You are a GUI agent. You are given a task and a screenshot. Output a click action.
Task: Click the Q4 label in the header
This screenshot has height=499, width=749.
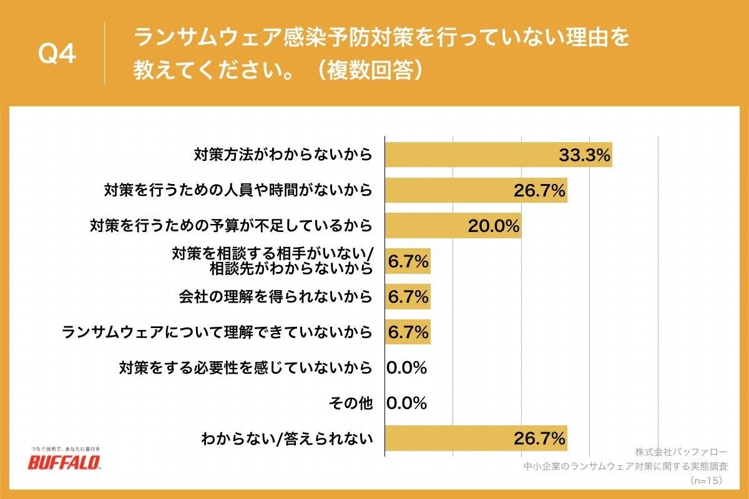[x=57, y=55]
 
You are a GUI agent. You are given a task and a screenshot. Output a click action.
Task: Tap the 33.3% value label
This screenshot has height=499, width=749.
[x=584, y=155]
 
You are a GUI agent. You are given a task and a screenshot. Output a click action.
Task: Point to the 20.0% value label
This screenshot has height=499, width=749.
[x=494, y=226]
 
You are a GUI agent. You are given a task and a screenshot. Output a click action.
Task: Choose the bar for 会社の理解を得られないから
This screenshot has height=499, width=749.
[x=408, y=297]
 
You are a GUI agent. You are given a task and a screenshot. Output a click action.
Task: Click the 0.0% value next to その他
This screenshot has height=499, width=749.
[x=406, y=404]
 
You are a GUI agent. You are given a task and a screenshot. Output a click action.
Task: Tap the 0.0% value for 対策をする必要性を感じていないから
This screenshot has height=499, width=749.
[x=406, y=368]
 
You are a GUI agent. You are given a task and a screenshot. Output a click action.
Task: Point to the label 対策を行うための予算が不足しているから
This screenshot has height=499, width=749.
[x=231, y=225]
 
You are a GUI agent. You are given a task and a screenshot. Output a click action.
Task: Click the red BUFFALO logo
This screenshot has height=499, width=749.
[x=64, y=463]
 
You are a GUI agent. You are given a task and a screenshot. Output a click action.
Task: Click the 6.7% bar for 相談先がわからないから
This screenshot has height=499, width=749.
[x=408, y=262]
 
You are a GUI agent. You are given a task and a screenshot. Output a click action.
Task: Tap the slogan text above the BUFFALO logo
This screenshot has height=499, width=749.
[x=64, y=448]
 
